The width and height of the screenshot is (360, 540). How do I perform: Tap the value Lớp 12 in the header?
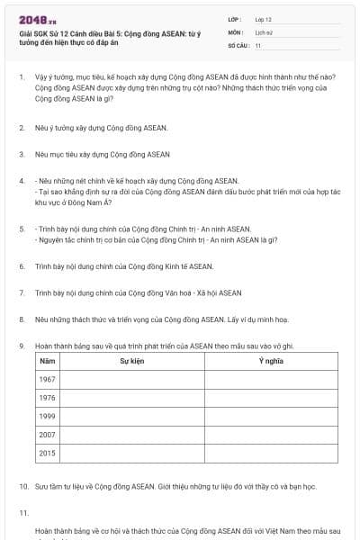pyautogui.click(x=263, y=19)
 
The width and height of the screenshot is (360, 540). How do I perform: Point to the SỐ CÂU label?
pyautogui.click(x=237, y=45)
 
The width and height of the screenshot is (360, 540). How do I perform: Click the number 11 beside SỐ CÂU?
pyautogui.click(x=258, y=45)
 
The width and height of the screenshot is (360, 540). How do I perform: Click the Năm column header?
pyautogui.click(x=47, y=361)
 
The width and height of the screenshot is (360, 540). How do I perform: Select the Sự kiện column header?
pyautogui.click(x=132, y=361)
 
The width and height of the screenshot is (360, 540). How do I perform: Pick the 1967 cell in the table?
pyautogui.click(x=48, y=379)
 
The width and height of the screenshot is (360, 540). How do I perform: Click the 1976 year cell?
pyautogui.click(x=48, y=398)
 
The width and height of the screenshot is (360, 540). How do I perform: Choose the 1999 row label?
pyautogui.click(x=48, y=416)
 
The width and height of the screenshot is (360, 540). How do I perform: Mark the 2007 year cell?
pyautogui.click(x=48, y=435)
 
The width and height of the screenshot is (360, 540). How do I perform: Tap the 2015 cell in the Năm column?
pyautogui.click(x=48, y=453)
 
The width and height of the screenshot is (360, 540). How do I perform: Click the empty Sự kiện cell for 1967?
pyautogui.click(x=132, y=379)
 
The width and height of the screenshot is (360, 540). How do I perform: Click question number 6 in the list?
pyautogui.click(x=22, y=266)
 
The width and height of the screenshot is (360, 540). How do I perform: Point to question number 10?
pyautogui.click(x=23, y=486)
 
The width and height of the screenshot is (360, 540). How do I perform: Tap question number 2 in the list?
pyautogui.click(x=22, y=128)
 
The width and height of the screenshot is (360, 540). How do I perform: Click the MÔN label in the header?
pyautogui.click(x=235, y=31)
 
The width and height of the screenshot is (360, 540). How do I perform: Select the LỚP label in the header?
pyautogui.click(x=235, y=19)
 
